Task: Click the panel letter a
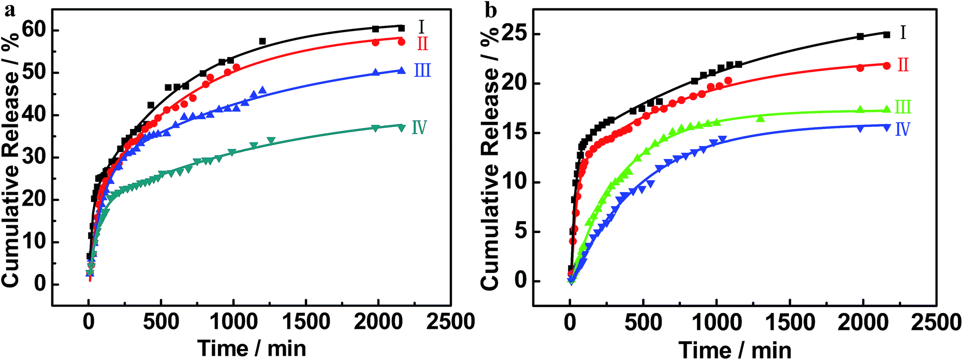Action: [9, 8]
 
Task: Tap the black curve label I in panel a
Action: [421, 26]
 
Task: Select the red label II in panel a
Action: [422, 44]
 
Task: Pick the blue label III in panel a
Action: [422, 70]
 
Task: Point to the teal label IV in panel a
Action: [419, 127]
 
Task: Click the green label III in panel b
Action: [902, 107]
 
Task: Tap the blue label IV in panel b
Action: [902, 129]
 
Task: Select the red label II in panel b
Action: [903, 65]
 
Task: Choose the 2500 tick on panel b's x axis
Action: [937, 322]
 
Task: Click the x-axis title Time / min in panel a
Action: [252, 348]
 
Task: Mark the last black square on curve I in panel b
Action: [886, 35]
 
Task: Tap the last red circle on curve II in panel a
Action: [401, 42]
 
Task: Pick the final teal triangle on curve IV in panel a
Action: [401, 128]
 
